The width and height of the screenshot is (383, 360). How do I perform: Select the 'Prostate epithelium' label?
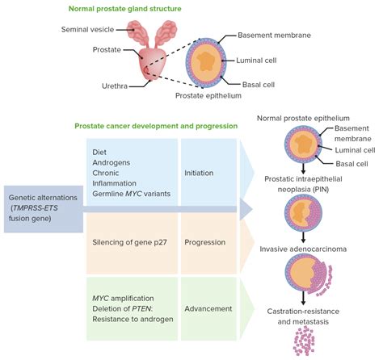210,95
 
